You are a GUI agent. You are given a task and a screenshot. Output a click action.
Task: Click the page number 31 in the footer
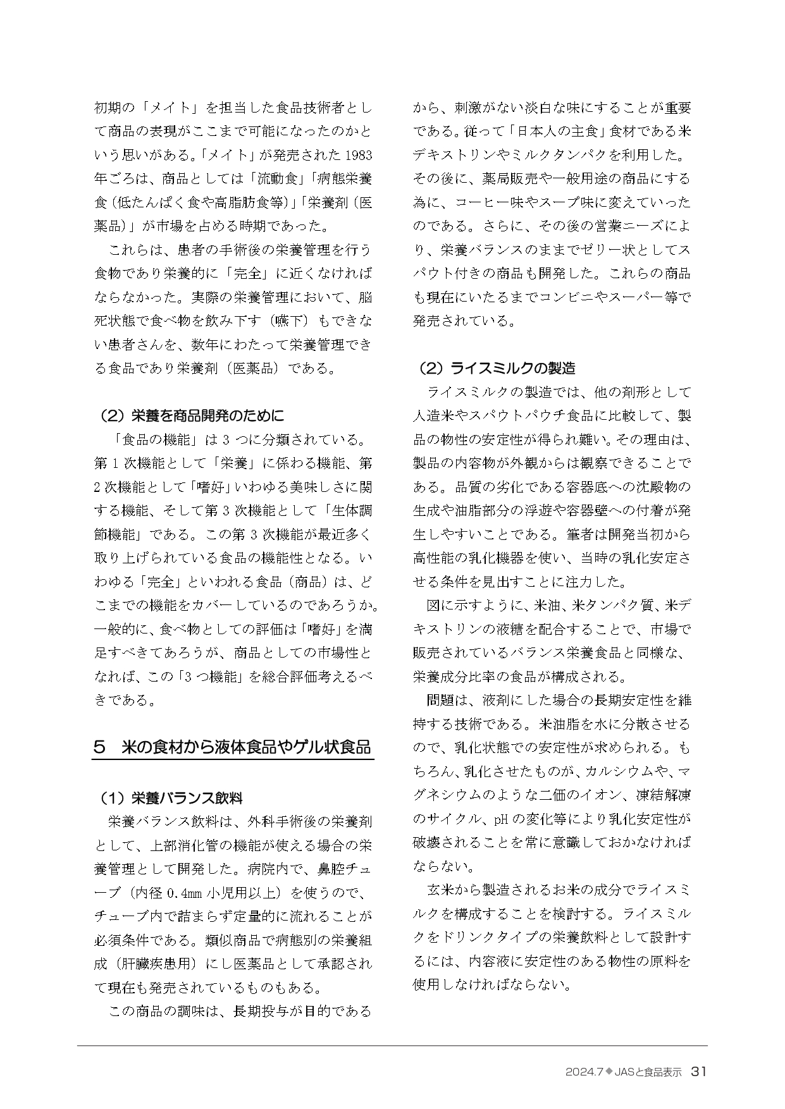[x=698, y=1071]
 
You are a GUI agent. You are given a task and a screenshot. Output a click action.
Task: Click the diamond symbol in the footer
[x=610, y=1072]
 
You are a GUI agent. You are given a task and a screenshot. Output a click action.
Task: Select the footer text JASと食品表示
[x=648, y=1072]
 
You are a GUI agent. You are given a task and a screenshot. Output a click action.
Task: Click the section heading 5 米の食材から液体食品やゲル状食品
[x=232, y=747]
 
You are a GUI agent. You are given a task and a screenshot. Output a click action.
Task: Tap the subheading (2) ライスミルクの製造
[x=497, y=368]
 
